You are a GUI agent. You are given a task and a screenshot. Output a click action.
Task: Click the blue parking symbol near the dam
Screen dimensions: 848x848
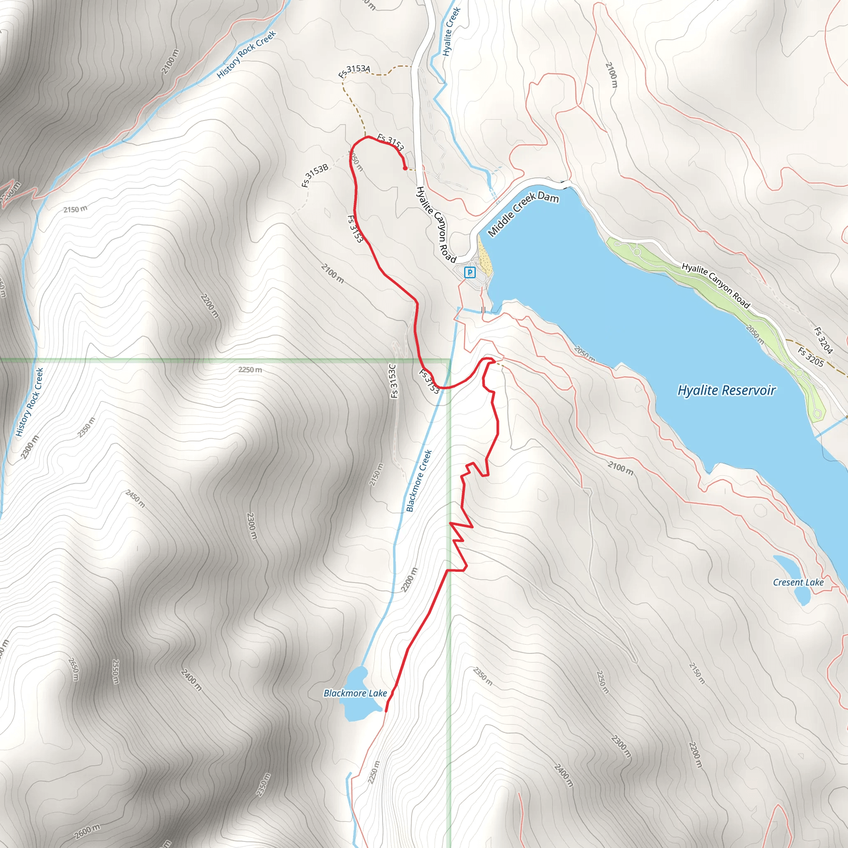(470, 272)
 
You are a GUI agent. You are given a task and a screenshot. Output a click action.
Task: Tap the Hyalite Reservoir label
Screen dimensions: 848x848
(726, 390)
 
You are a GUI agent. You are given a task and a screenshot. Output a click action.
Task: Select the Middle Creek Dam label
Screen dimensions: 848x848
(523, 214)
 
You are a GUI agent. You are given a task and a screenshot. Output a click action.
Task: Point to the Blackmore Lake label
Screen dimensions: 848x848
(355, 693)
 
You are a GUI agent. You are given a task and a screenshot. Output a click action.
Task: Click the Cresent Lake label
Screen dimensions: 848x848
(798, 583)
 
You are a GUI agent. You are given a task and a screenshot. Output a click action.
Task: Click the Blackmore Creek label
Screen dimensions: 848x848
(419, 481)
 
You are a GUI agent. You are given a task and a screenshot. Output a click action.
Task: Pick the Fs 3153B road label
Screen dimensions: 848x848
(315, 175)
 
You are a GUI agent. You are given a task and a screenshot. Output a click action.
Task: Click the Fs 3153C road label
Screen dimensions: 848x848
(394, 381)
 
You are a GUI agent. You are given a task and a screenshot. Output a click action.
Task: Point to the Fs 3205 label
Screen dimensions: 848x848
(811, 357)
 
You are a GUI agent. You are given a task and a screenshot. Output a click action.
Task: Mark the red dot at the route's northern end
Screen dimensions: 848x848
(404, 168)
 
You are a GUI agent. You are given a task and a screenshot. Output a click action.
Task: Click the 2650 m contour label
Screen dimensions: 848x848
(74, 669)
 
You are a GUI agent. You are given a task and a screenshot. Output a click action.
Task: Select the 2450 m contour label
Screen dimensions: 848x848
(135, 499)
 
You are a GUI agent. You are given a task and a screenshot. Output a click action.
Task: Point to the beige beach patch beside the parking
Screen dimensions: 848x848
(484, 261)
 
